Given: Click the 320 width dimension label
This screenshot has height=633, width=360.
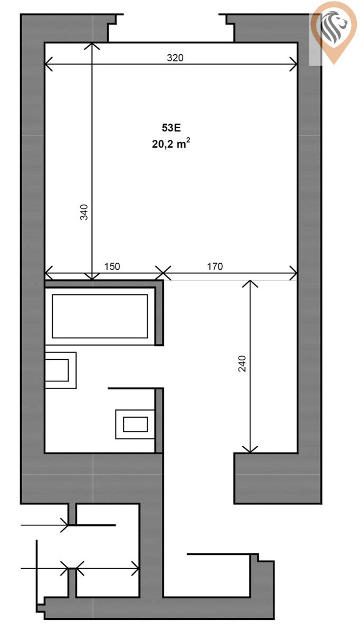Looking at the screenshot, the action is click(x=175, y=57).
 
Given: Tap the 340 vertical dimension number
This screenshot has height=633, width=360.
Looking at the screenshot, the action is click(x=84, y=212).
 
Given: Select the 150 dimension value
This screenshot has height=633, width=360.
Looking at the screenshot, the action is click(x=112, y=266).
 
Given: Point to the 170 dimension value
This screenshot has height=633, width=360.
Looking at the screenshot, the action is click(x=215, y=266).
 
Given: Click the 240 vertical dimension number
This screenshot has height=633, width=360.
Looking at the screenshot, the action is click(x=242, y=363).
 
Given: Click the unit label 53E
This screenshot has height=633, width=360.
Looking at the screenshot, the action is click(x=171, y=128).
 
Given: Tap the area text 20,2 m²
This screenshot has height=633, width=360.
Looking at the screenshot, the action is click(x=171, y=143).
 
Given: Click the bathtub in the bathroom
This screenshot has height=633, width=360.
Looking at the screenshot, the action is click(x=100, y=316).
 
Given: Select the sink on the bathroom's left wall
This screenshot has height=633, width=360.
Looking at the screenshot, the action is click(x=61, y=370).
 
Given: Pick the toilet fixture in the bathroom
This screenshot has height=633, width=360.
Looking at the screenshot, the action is click(x=135, y=424).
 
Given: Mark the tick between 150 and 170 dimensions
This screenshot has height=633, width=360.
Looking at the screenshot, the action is click(x=163, y=273).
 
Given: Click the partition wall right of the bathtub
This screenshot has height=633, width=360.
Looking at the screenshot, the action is click(x=159, y=313).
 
